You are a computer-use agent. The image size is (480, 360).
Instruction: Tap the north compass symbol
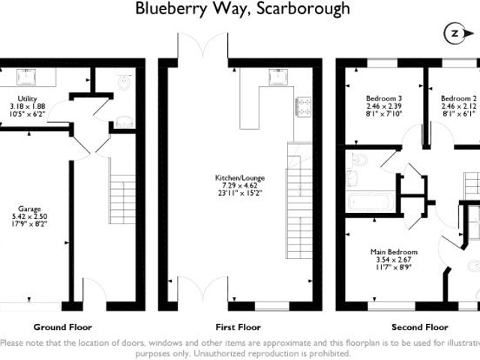pos(455,34)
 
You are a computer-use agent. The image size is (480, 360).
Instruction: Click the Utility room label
pos(27,99)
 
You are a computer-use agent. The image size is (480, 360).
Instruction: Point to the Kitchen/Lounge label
pos(240,178)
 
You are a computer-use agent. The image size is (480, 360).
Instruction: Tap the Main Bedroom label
pos(394,252)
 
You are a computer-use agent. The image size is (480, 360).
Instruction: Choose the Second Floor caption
pos(419,327)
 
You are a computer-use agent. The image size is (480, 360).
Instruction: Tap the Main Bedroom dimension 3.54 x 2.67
pos(394,259)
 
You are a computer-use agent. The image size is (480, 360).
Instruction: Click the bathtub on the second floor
pos(368,202)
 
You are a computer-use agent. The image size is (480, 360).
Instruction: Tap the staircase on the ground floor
pos(121,199)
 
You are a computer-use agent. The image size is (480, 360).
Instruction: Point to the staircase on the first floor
pos(299,202)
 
